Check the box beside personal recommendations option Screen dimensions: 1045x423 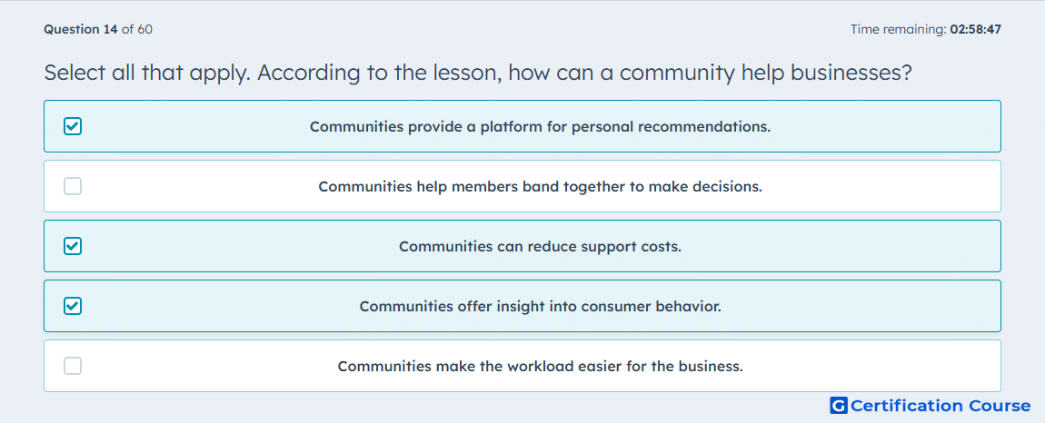click(73, 126)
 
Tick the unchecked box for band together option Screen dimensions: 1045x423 click(73, 186)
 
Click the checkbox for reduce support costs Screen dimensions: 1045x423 click(73, 246)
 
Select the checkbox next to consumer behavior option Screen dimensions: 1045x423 click(73, 306)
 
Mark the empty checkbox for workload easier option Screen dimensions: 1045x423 click(73, 366)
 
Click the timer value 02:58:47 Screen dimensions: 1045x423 click(976, 29)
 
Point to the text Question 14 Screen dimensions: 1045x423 click(81, 29)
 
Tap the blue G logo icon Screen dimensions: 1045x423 click(839, 405)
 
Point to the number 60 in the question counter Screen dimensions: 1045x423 click(145, 29)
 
